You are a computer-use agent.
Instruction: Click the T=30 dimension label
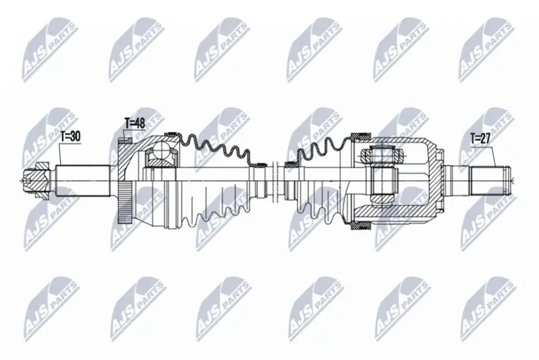click(70, 136)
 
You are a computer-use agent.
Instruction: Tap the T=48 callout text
click(134, 123)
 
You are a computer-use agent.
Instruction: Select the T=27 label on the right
click(481, 139)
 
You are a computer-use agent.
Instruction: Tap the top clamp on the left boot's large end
click(171, 134)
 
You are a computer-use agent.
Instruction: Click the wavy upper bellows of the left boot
click(217, 148)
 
